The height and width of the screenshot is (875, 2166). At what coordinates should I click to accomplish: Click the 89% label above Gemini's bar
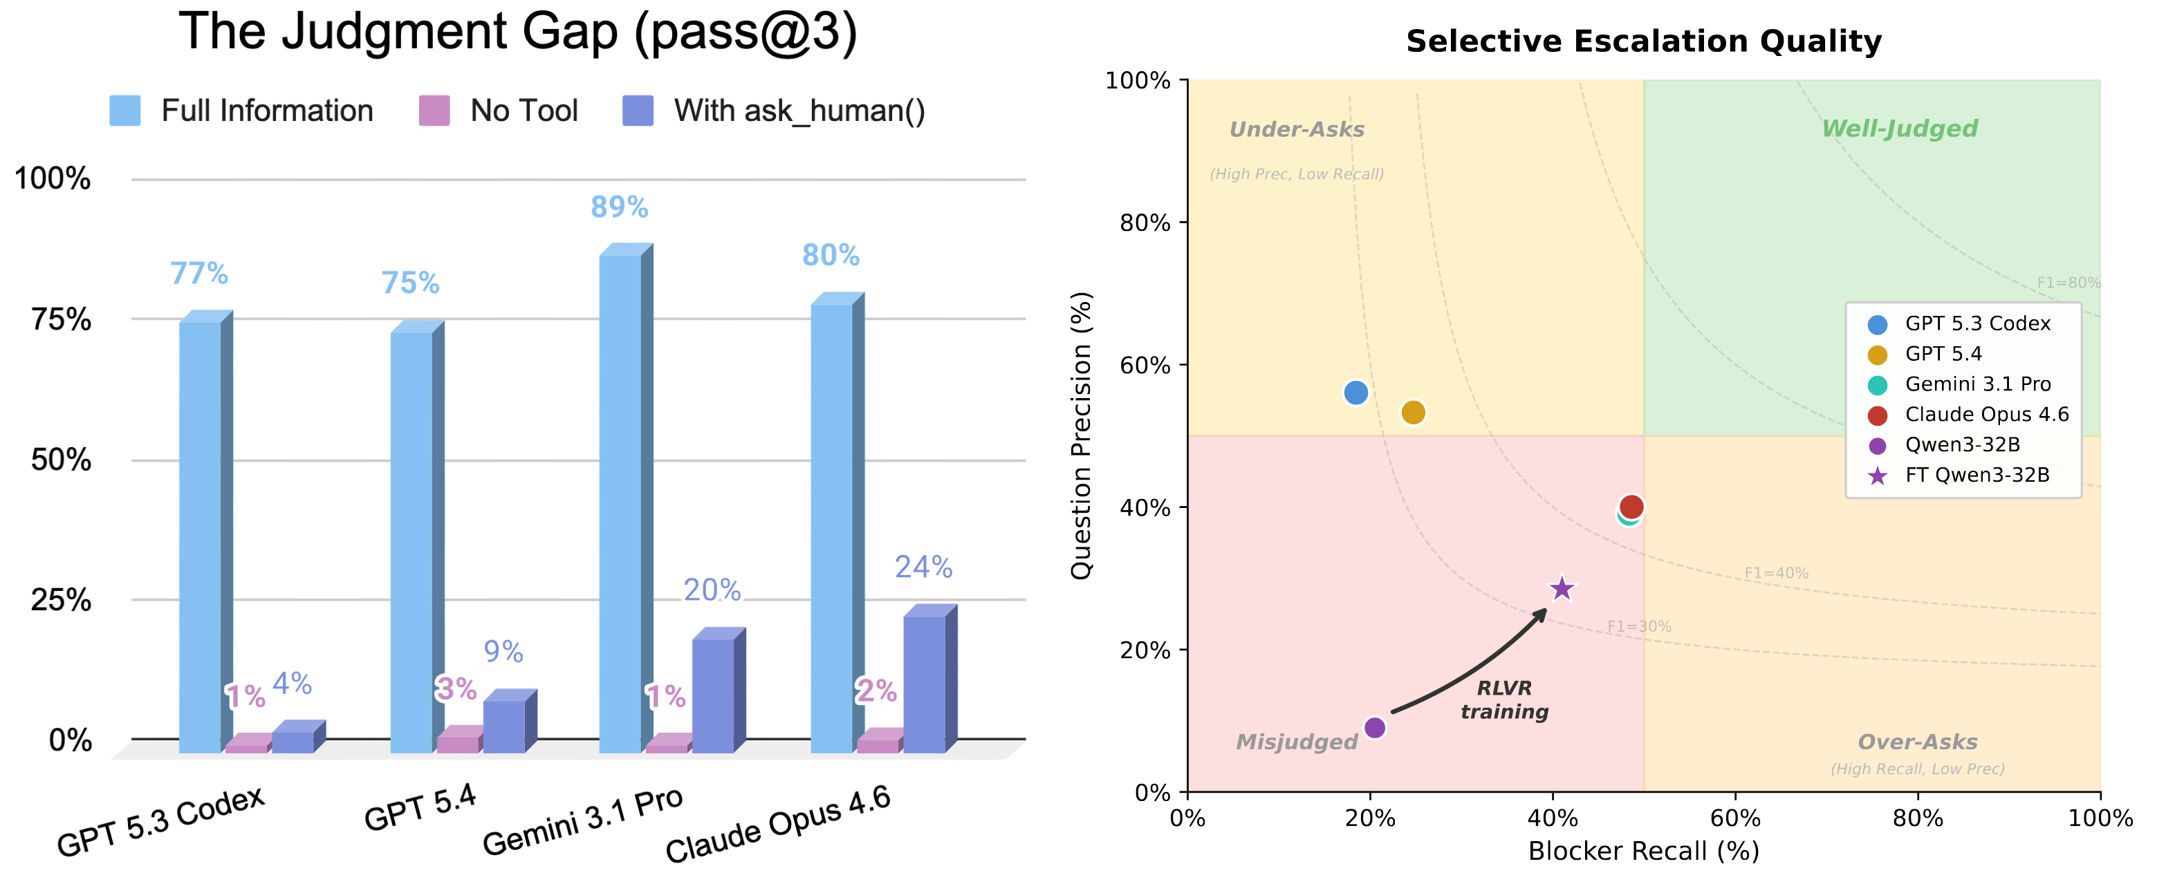[x=619, y=207]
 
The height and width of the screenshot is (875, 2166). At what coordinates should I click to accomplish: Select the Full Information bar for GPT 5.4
[x=411, y=538]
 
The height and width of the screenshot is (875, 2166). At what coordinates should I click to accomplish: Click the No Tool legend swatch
[x=434, y=110]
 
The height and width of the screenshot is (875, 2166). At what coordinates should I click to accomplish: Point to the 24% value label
[x=923, y=567]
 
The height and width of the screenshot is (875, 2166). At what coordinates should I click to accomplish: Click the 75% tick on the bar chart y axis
[x=61, y=319]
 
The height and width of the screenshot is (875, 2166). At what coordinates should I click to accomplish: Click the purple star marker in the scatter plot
[x=1562, y=588]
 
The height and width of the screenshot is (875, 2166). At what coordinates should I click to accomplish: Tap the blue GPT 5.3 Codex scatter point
[x=1355, y=393]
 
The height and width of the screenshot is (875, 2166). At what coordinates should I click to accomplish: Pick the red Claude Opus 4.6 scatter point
[x=1631, y=506]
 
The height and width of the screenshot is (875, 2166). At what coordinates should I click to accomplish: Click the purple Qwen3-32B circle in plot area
[x=1375, y=727]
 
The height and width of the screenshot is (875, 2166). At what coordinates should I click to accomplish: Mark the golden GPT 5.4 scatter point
[x=1414, y=413]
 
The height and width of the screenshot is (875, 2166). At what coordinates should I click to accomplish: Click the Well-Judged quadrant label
[x=1898, y=129]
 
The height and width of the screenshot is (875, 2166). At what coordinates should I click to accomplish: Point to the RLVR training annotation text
[x=1504, y=699]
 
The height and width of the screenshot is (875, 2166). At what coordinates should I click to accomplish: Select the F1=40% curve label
[x=1776, y=573]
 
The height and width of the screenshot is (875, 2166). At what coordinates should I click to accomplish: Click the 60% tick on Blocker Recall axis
[x=1735, y=818]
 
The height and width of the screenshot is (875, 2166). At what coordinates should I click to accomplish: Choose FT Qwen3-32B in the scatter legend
[x=1977, y=475]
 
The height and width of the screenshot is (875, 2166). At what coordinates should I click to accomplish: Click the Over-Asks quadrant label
[x=1917, y=742]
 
